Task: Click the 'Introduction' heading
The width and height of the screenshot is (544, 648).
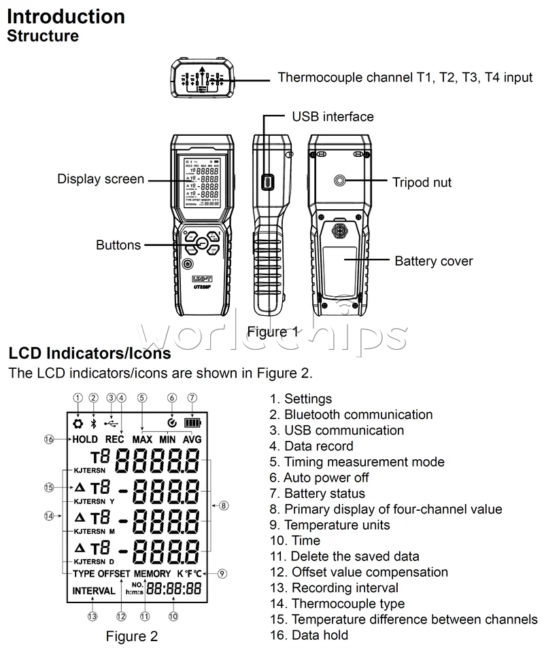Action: (66, 16)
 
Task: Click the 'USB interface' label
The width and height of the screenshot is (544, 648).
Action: (333, 117)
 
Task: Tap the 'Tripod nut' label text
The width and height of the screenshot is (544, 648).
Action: (422, 182)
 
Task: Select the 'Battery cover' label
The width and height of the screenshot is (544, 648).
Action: (433, 261)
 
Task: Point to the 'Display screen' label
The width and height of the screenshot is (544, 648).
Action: (101, 179)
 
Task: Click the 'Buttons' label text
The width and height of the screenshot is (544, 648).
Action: (118, 245)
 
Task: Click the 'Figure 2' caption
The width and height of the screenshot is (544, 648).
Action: (132, 636)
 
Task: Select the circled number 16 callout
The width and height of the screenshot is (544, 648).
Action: (49, 439)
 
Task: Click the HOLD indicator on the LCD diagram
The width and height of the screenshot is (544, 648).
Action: (84, 439)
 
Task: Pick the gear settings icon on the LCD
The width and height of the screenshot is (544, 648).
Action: (78, 422)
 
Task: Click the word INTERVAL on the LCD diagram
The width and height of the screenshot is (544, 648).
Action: (94, 591)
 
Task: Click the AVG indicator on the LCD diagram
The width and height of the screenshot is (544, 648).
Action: (192, 439)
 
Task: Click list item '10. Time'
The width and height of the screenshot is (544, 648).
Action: (295, 541)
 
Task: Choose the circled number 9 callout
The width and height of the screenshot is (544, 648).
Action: (223, 573)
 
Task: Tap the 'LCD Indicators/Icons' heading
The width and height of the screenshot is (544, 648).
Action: (89, 353)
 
